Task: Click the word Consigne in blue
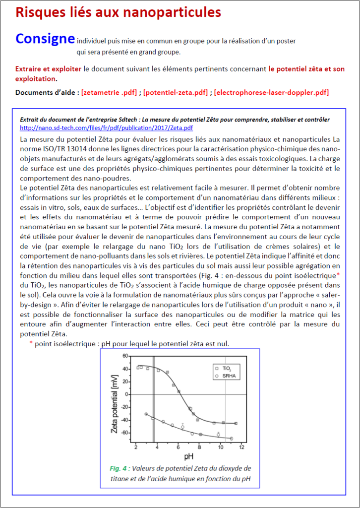45,38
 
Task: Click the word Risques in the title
37,12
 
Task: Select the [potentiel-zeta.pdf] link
176,92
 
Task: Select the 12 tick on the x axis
241,447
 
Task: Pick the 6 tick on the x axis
179,447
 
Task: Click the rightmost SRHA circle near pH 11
231,439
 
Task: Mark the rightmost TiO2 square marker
236,423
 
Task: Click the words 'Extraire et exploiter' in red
49,68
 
